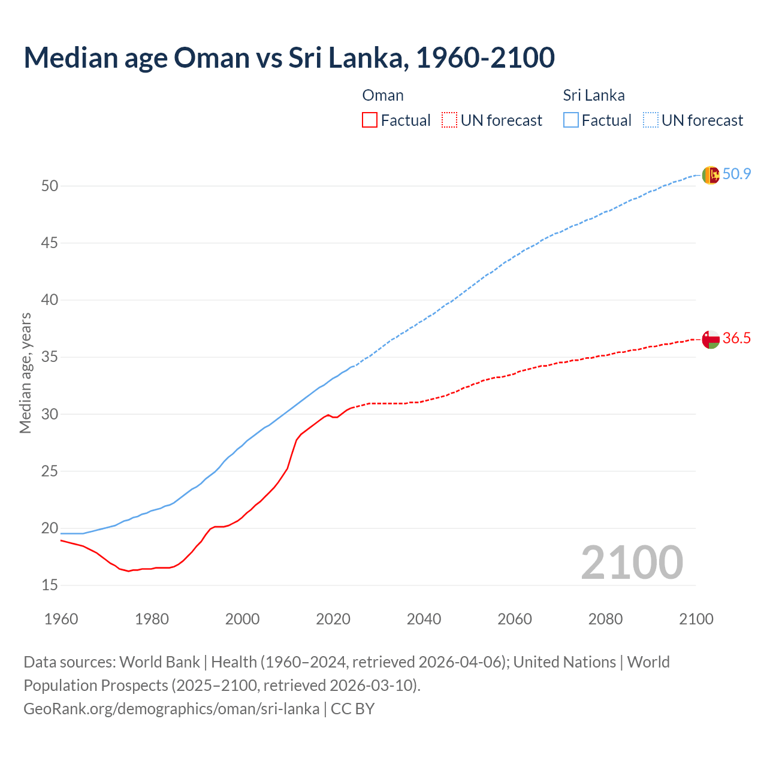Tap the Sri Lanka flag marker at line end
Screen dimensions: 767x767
coord(710,175)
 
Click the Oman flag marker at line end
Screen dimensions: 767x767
coord(710,339)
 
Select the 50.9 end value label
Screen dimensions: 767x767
coord(736,174)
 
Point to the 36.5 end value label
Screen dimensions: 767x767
coord(736,339)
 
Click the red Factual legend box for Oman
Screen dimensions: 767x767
coord(370,120)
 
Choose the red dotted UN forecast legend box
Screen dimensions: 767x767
coord(449,120)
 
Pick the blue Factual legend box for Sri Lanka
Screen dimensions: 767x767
coord(571,120)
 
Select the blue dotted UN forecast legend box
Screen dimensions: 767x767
coord(651,120)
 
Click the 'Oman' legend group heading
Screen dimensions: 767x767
coord(383,95)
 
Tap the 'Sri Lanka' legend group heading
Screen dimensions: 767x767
coord(593,95)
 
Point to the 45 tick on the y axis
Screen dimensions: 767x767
coord(50,243)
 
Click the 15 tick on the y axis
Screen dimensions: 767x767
coord(50,585)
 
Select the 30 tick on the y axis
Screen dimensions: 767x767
coord(50,414)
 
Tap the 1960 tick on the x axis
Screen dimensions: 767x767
coord(61,619)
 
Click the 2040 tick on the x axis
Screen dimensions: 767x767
coord(424,619)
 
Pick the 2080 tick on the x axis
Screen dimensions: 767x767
coord(605,619)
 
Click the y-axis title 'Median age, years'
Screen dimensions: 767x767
coord(25,373)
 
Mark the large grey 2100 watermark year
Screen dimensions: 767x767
coord(632,563)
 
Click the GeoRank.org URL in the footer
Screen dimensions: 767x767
coord(171,709)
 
